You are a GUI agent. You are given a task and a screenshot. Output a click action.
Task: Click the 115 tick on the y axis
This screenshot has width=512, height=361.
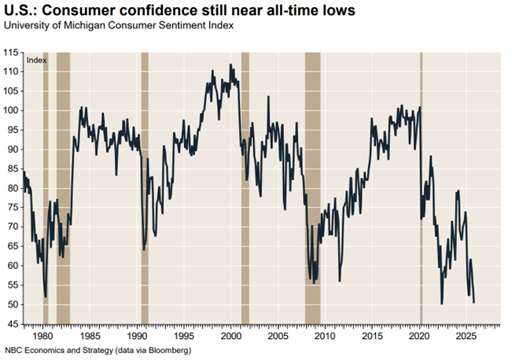tap(12, 52)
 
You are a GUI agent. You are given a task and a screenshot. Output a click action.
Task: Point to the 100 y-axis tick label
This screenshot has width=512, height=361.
tap(12, 110)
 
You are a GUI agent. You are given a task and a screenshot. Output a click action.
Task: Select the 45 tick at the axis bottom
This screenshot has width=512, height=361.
tap(13, 324)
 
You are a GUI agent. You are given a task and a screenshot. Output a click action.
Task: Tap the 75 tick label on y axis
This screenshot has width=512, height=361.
tap(13, 208)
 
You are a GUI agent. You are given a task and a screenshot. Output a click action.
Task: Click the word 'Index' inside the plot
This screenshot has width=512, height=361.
tap(35, 60)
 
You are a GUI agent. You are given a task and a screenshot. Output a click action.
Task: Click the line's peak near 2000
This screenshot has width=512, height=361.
tap(230, 65)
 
